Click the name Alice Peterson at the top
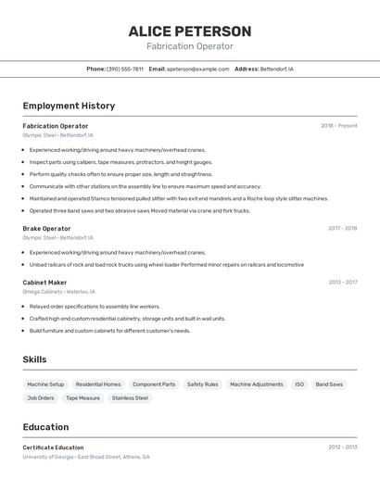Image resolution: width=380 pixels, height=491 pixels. click(x=190, y=31)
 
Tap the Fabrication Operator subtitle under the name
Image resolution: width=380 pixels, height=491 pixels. click(x=190, y=46)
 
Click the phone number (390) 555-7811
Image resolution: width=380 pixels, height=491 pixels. click(x=124, y=69)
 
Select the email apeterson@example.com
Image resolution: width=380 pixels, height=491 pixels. click(x=197, y=69)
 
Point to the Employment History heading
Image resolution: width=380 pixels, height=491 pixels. click(x=69, y=106)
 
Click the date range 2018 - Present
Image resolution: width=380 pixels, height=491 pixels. click(x=338, y=126)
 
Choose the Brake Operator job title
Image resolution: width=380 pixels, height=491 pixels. click(x=46, y=229)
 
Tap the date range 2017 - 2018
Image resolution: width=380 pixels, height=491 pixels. click(x=342, y=229)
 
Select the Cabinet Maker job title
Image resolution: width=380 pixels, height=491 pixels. click(x=44, y=283)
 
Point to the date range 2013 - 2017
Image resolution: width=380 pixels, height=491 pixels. click(x=342, y=283)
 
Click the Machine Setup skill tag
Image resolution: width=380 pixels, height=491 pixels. click(x=45, y=384)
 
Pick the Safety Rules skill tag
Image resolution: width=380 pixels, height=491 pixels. click(x=202, y=384)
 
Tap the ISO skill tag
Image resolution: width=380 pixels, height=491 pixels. click(x=299, y=384)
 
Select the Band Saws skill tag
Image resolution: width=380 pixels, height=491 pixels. click(x=329, y=384)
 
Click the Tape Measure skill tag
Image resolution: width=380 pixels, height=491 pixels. click(x=82, y=398)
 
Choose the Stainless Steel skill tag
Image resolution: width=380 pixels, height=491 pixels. click(x=130, y=398)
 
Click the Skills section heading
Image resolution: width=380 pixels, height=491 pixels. click(x=34, y=359)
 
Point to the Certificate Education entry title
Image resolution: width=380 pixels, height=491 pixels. click(x=53, y=447)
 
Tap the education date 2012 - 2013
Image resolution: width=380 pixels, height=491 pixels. click(x=342, y=447)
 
